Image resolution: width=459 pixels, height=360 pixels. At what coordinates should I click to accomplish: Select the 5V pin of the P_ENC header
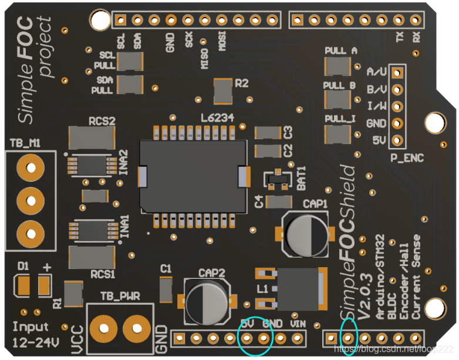click(397, 141)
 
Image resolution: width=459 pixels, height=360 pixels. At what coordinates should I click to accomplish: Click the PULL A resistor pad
click(338, 65)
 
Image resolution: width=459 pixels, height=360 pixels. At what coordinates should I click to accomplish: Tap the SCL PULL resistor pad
click(130, 61)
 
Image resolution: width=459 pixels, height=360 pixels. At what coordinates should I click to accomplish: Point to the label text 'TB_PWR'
click(120, 297)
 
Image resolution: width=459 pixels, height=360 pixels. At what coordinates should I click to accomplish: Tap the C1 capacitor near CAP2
click(166, 290)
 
